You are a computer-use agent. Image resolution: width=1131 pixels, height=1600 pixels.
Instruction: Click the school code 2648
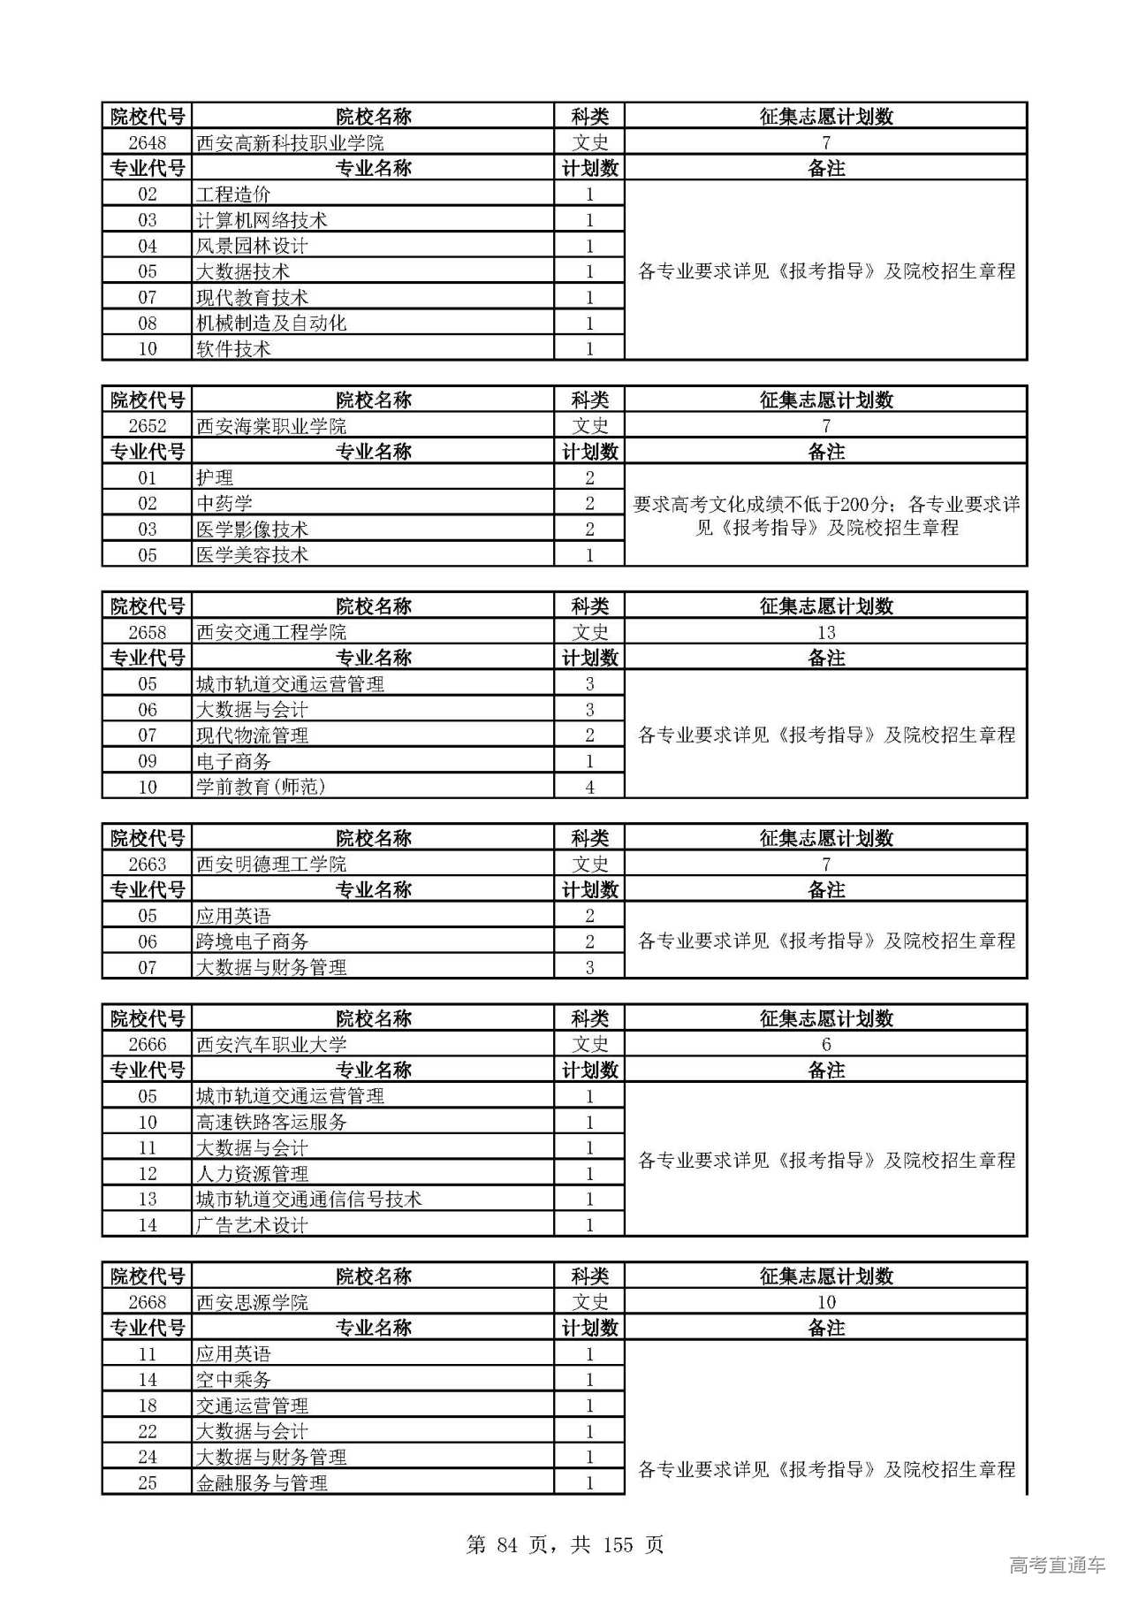click(x=147, y=143)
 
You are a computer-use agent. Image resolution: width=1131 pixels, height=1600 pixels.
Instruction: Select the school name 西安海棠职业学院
click(x=271, y=427)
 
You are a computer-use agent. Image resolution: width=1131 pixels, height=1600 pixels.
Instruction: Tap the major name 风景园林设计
click(x=252, y=246)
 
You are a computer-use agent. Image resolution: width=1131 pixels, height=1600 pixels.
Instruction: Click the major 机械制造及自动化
click(x=270, y=324)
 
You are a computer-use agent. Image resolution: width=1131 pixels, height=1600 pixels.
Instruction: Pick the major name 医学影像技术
click(x=252, y=530)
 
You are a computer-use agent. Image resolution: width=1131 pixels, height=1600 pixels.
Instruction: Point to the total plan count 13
click(x=825, y=633)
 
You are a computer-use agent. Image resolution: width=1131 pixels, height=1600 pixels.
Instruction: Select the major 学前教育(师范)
click(x=261, y=787)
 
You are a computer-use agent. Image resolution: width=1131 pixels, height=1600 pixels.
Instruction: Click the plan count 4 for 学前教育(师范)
click(x=589, y=787)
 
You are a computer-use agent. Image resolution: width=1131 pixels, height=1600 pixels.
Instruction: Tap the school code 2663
click(x=147, y=865)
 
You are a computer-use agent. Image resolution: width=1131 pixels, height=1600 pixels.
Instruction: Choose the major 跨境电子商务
click(x=252, y=941)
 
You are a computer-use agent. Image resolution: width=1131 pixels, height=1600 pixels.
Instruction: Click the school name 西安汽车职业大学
click(x=271, y=1045)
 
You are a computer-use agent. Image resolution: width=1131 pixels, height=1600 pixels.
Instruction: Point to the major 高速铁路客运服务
click(x=271, y=1123)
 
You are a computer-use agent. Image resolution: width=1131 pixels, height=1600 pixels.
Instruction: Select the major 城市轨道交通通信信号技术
click(x=308, y=1200)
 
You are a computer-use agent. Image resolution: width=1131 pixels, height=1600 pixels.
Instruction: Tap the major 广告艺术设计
click(x=252, y=1225)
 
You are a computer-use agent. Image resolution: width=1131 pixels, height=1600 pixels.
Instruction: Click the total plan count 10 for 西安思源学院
click(x=825, y=1302)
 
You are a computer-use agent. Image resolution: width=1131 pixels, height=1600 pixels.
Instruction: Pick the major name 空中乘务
click(x=233, y=1380)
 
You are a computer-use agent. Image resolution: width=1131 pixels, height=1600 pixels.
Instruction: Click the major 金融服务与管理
click(x=262, y=1483)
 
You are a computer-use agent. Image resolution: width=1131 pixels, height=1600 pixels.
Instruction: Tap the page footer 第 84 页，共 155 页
click(x=565, y=1544)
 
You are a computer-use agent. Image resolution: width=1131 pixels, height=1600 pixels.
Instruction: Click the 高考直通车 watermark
click(x=1057, y=1566)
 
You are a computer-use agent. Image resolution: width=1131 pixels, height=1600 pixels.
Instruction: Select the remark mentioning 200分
click(x=825, y=516)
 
